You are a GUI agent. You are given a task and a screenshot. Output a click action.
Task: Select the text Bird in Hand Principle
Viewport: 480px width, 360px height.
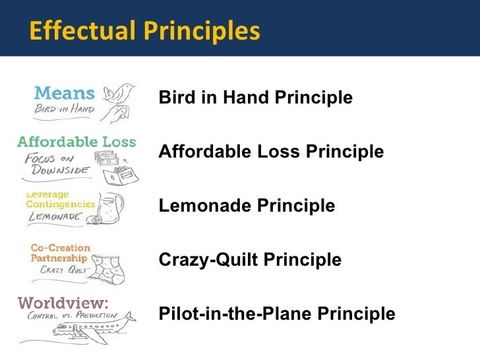(x=256, y=98)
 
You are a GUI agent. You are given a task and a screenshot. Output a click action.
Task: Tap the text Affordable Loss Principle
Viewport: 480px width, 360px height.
(x=271, y=152)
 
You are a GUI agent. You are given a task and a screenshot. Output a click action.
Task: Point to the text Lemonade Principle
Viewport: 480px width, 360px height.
(x=247, y=206)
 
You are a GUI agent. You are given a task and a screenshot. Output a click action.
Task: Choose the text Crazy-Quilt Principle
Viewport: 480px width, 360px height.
(x=250, y=260)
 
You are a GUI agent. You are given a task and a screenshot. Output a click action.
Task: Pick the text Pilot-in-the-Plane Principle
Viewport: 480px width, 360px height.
(x=277, y=314)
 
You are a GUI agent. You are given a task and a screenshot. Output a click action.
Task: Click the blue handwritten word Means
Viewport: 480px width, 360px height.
(x=64, y=94)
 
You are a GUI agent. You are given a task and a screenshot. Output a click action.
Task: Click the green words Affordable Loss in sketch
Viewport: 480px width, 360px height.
(x=76, y=142)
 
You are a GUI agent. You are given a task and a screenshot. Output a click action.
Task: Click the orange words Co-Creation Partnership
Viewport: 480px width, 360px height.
(x=59, y=253)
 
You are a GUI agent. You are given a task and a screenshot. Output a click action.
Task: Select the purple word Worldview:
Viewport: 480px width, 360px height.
(x=63, y=303)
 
